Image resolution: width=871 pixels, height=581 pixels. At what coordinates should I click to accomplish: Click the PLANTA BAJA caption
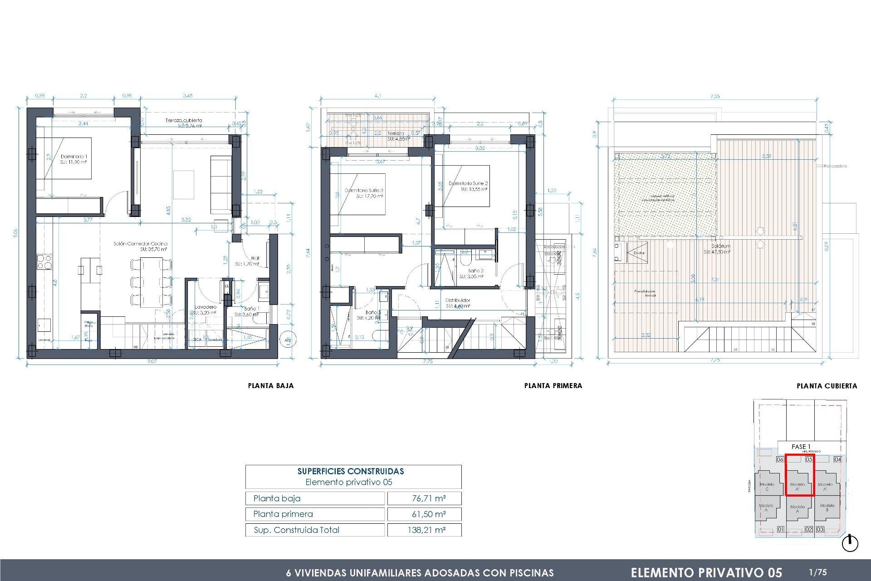271,386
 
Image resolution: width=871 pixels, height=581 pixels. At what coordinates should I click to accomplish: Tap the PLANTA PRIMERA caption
553,386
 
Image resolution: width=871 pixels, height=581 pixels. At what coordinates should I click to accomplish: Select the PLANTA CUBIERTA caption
827,386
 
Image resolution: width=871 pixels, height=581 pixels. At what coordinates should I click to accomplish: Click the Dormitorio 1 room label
73,157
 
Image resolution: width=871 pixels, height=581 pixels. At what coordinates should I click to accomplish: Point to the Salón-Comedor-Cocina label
140,244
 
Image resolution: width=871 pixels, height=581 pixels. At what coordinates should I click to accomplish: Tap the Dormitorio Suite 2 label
468,183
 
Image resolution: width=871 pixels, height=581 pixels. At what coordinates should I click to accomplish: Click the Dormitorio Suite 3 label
364,191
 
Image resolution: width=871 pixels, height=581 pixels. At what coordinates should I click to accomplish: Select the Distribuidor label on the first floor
458,300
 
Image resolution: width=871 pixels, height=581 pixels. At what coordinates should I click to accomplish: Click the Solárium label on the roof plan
721,246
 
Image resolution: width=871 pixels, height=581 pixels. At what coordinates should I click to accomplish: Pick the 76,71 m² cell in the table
428,498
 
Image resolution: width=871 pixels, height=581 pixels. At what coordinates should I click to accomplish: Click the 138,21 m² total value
426,530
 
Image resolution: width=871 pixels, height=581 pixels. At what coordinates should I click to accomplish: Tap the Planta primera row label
283,514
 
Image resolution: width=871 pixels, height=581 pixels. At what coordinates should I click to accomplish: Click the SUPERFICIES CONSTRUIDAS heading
350,471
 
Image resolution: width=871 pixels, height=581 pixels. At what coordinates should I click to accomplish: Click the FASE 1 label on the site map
801,447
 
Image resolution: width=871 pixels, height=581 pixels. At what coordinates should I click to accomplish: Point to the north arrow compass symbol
850,543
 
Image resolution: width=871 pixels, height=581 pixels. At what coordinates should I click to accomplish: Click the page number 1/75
817,572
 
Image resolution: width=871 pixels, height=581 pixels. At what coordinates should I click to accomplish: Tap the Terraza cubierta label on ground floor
184,120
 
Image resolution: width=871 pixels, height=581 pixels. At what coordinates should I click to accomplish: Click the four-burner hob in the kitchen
44,262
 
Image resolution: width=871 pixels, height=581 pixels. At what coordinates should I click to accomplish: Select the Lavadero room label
206,307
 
